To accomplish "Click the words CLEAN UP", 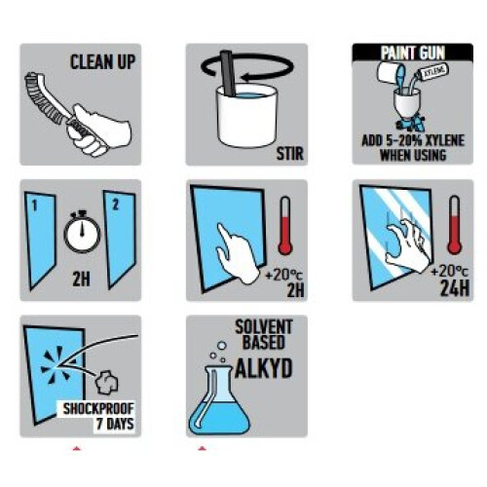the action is click(x=102, y=61).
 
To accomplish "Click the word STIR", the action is click(x=289, y=154).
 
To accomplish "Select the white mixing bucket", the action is click(x=247, y=115).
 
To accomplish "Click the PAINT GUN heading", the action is click(x=413, y=53).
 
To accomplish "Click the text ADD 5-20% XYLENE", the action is click(x=413, y=140).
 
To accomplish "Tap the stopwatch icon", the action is click(x=82, y=231).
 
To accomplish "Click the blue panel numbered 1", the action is click(x=41, y=241).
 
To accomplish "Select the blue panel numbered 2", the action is click(x=120, y=239).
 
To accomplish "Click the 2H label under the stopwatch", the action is click(x=81, y=279).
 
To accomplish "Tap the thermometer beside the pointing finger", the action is click(x=285, y=225).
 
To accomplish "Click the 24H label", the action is click(x=455, y=288).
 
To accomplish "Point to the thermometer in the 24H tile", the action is click(x=454, y=225).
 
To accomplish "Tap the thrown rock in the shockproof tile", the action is click(x=106, y=383).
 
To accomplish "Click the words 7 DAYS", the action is click(x=115, y=424).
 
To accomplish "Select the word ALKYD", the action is click(x=264, y=368).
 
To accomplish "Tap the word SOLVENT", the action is click(x=264, y=327).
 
